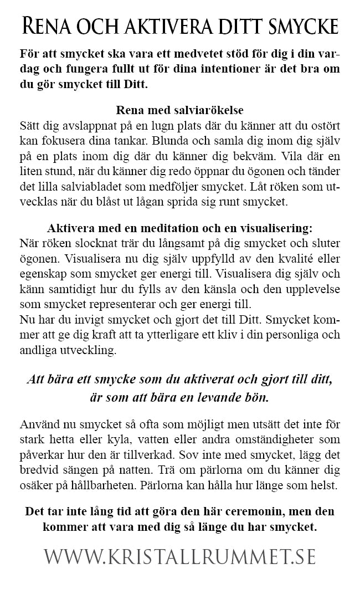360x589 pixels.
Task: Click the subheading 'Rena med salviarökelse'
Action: (179, 109)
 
